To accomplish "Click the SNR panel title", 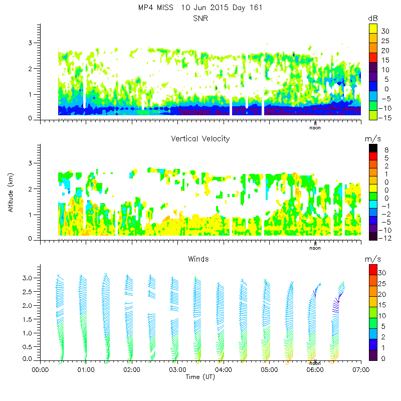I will pos(200,19).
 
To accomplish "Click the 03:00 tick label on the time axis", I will pos(177,370).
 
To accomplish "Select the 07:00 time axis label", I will pos(361,370).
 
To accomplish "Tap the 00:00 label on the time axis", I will pos(40,370).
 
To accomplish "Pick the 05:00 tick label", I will pos(269,370).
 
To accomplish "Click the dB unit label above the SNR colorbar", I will pos(372,18).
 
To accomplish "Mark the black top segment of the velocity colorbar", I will pos(372,148).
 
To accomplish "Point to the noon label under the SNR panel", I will pos(315,127).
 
